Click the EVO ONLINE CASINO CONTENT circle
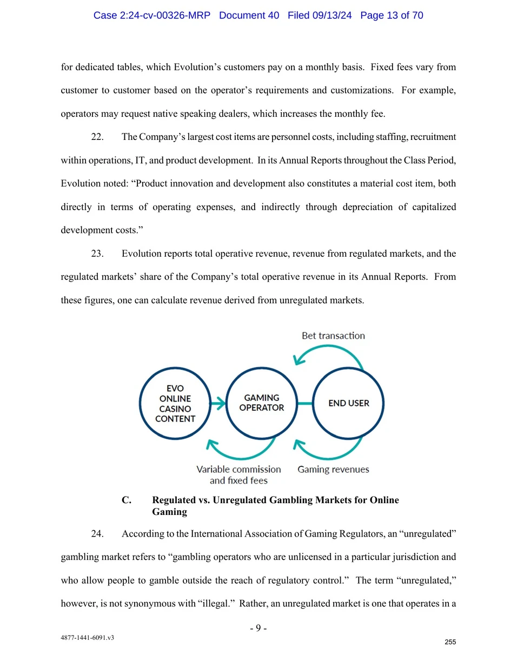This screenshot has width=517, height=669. pos(175,403)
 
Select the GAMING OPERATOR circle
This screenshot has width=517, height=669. pos(262,403)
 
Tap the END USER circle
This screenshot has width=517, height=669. pos(348,403)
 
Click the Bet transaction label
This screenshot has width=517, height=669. pos(333,336)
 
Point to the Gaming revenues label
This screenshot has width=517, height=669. pos(333,469)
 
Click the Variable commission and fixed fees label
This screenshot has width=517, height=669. pos(238,474)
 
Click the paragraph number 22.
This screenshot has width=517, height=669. pos(97,137)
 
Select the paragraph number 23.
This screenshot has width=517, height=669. pos(97,253)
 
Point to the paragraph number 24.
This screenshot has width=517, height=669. pos(97,534)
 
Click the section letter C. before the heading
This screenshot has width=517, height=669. pos(127,500)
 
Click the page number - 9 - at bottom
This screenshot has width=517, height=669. pos(258,628)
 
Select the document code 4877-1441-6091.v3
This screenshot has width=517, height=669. pos(87,638)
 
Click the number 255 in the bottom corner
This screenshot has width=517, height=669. pos(450,642)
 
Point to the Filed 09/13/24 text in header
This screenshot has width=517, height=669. pos(319,15)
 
